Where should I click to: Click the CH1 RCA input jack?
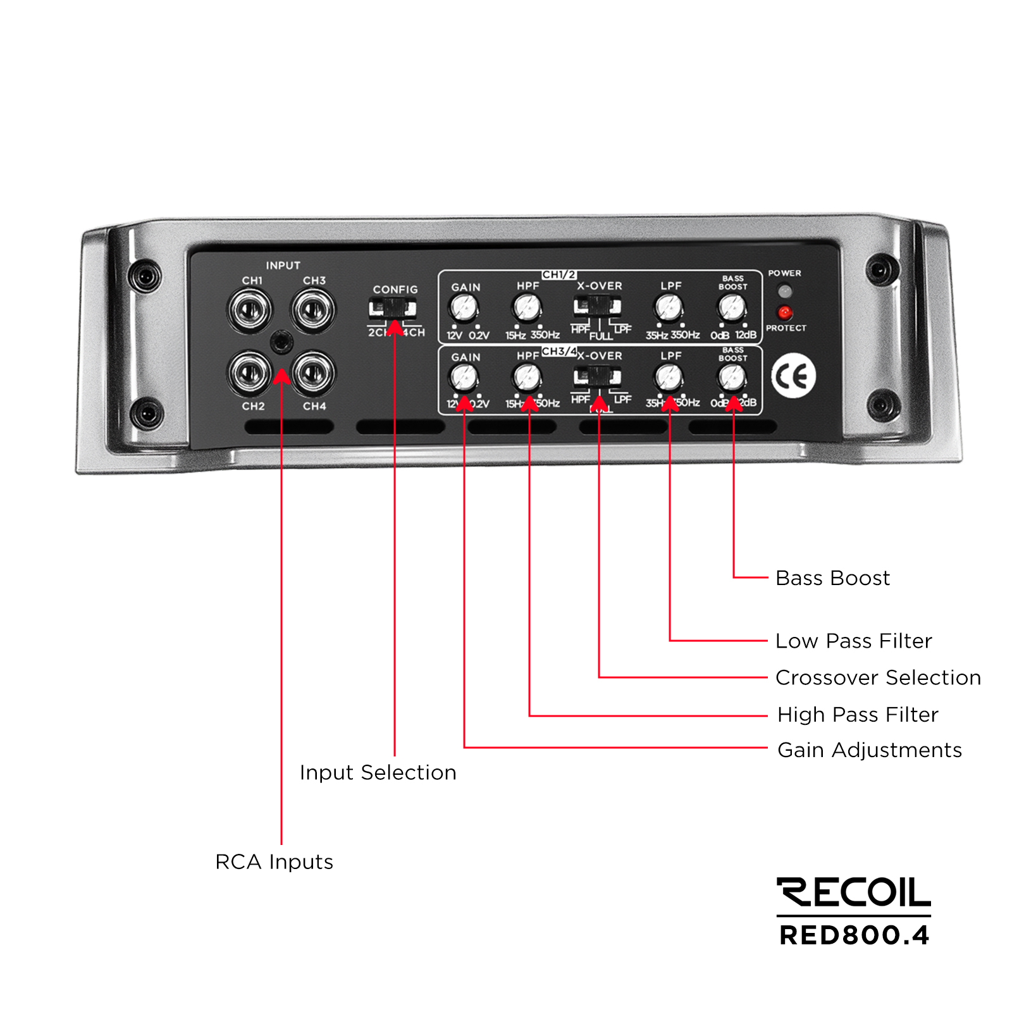pyautogui.click(x=250, y=310)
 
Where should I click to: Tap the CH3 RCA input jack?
pyautogui.click(x=312, y=310)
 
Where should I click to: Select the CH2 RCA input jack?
pyautogui.click(x=250, y=373)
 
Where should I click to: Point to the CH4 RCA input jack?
pyautogui.click(x=313, y=373)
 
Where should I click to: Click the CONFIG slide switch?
pyautogui.click(x=393, y=309)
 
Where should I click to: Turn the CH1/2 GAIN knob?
pyautogui.click(x=464, y=308)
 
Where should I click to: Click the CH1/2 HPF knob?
pyautogui.click(x=527, y=308)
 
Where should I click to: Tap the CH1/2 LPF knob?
pyautogui.click(x=669, y=308)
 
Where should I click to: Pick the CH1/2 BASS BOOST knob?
pyautogui.click(x=732, y=308)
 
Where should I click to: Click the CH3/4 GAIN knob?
pyautogui.click(x=464, y=378)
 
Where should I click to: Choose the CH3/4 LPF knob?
pyautogui.click(x=669, y=378)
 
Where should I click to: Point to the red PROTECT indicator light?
pyautogui.click(x=784, y=312)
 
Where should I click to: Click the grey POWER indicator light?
pyautogui.click(x=784, y=292)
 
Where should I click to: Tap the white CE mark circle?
pyautogui.click(x=794, y=377)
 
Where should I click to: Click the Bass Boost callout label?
pyautogui.click(x=832, y=578)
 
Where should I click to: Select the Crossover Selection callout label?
pyautogui.click(x=878, y=677)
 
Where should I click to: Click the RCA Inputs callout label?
pyautogui.click(x=274, y=861)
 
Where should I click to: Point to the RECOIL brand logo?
pyautogui.click(x=854, y=892)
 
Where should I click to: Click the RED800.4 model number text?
pyautogui.click(x=854, y=935)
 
